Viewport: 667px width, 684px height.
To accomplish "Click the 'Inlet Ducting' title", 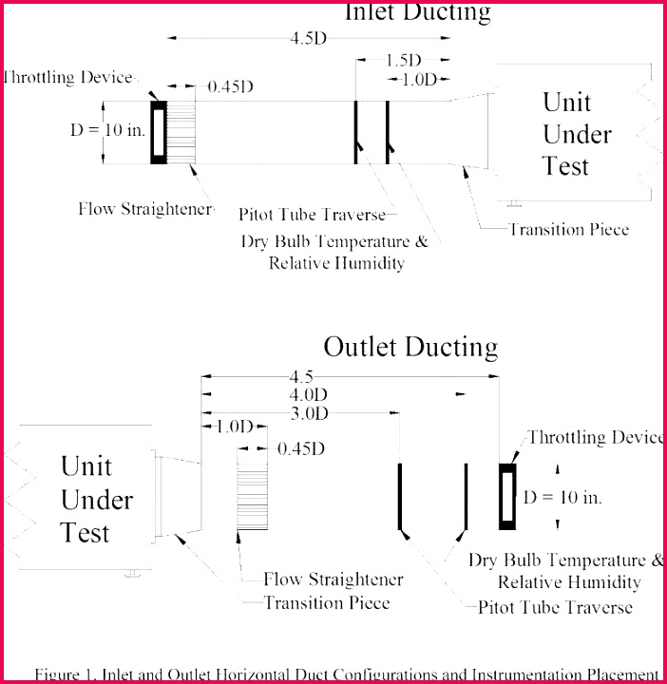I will coord(417,11).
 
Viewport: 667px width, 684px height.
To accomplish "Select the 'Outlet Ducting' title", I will coord(410,347).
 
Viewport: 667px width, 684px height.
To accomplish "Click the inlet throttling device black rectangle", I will coord(159,132).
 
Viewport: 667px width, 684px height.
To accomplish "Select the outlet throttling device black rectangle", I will coord(508,496).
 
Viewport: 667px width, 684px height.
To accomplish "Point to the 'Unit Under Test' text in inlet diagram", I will coord(577,134).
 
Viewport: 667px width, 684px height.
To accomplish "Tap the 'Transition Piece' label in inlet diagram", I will coord(569,229).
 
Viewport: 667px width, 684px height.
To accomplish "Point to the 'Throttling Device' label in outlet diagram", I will coord(596,437).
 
